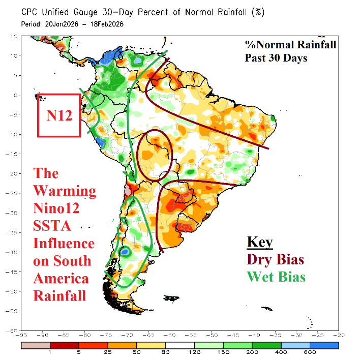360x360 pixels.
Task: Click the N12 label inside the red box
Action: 59,115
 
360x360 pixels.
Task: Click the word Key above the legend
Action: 259,242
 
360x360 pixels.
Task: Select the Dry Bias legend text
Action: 276,259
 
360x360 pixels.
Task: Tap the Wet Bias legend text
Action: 276,277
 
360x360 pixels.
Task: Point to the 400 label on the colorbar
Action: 274,352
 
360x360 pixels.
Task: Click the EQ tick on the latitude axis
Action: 16,95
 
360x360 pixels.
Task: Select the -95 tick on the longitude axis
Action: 21,335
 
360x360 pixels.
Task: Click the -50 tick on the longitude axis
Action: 212,335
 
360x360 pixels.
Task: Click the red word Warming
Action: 65,191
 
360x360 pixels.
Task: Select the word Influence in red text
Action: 64,244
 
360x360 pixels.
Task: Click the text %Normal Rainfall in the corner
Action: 290,45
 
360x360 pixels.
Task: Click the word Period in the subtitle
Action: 31,23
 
